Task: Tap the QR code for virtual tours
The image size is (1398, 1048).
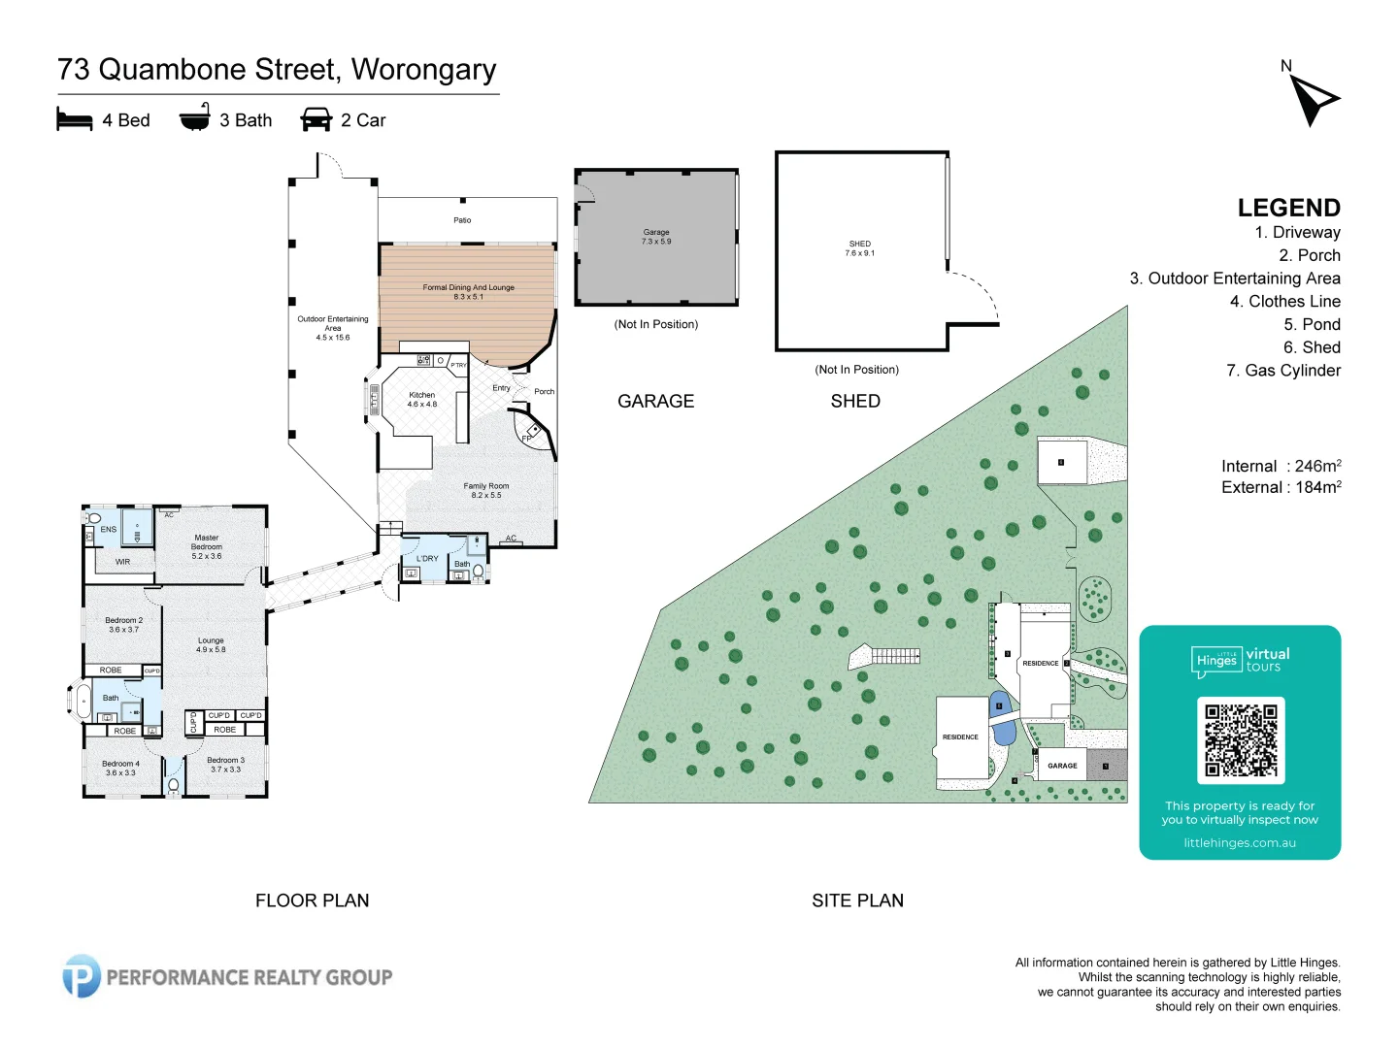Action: [x=1241, y=740]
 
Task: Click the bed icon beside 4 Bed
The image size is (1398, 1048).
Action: [x=75, y=120]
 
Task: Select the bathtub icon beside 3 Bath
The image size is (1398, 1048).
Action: [x=194, y=118]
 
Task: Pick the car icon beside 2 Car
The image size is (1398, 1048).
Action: [x=316, y=120]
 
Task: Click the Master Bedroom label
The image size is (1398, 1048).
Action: [x=206, y=546]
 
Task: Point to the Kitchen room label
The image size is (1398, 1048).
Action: [x=422, y=399]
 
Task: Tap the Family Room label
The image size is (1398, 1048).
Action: [x=486, y=490]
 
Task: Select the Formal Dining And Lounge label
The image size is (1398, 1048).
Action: [x=468, y=291]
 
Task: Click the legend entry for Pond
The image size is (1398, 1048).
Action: [x=1311, y=324]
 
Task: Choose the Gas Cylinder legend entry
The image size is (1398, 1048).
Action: [x=1282, y=370]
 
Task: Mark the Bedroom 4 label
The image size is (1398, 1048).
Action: [x=120, y=768]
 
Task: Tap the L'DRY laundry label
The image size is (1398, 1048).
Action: [x=427, y=559]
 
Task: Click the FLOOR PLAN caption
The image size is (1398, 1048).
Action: [x=312, y=901]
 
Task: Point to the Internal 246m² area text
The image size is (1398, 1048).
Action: [x=1281, y=466]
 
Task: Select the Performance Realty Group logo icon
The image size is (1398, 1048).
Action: [x=82, y=976]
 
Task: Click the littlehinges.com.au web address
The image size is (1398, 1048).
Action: [x=1240, y=843]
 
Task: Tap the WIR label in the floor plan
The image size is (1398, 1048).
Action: [x=122, y=562]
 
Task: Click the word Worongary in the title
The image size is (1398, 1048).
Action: [x=423, y=70]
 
